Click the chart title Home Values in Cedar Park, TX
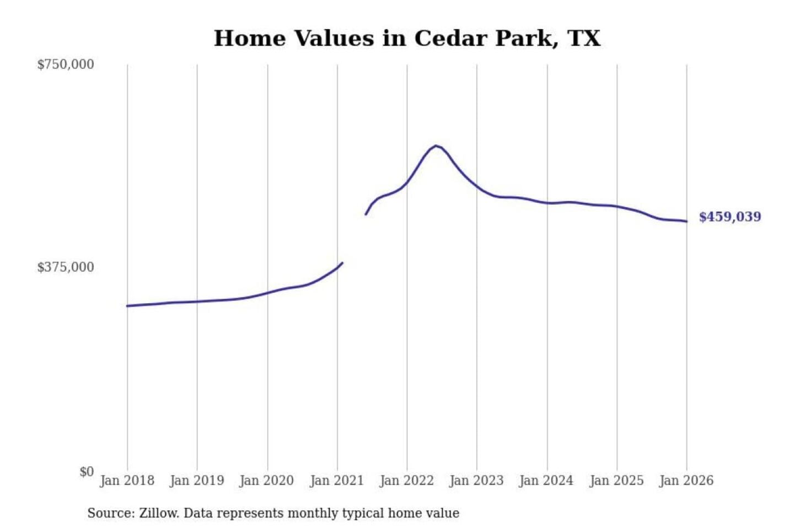[x=407, y=39]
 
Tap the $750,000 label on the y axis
[x=66, y=64]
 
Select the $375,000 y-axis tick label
[x=66, y=267]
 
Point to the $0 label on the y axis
[x=87, y=472]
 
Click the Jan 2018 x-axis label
[x=127, y=481]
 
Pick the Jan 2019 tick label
[x=197, y=481]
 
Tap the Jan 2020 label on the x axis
[x=267, y=481]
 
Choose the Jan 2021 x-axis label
[x=337, y=481]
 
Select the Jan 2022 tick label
[x=407, y=481]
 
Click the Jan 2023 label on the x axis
[x=476, y=481]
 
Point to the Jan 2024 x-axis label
[x=546, y=481]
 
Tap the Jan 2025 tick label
[x=616, y=481]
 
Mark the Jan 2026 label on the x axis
[x=686, y=481]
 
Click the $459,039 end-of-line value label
[x=730, y=217]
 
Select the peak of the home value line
[x=436, y=145]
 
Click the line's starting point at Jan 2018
[x=127, y=306]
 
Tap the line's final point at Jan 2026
[x=686, y=222]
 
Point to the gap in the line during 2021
[x=354, y=238]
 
